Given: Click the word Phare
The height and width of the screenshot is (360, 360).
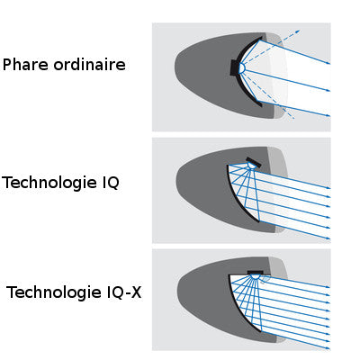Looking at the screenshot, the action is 25,65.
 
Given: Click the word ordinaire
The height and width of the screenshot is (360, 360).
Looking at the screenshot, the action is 89,65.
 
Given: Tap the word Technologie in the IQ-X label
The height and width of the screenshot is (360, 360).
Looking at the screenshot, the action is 54,292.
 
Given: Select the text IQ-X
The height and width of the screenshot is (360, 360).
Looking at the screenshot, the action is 123,292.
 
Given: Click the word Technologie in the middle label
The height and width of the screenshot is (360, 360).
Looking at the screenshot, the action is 49,183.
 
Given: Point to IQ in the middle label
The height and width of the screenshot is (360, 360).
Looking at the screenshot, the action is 111,183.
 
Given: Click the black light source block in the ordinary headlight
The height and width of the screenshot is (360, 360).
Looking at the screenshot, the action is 234,67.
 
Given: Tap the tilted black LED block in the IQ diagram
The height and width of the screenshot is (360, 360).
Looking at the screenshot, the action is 254,162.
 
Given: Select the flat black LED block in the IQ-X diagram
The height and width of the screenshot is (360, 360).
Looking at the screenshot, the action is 255,273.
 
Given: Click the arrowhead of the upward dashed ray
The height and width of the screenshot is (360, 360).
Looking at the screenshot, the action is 298,31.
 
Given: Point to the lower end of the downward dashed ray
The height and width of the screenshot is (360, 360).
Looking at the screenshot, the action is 293,118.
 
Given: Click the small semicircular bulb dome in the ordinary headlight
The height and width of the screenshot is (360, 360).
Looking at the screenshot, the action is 242,67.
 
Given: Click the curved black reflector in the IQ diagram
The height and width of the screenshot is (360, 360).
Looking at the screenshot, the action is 237,202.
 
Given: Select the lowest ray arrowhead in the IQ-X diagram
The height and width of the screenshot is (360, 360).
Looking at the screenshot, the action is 328,348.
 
